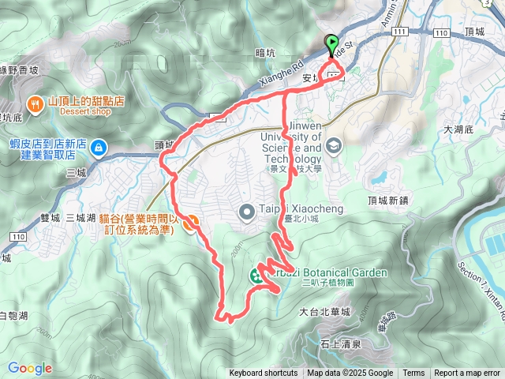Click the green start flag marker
[x=331, y=44]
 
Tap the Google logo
[x=30, y=368]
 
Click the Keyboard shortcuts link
[x=264, y=373]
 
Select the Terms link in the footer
[x=413, y=373]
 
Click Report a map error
[x=468, y=373]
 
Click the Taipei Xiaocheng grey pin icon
[x=246, y=211]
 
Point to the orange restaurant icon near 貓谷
[x=190, y=223]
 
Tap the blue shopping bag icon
[x=99, y=148]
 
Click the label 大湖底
[x=458, y=129]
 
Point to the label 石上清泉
[x=341, y=344]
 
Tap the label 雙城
[x=49, y=217]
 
